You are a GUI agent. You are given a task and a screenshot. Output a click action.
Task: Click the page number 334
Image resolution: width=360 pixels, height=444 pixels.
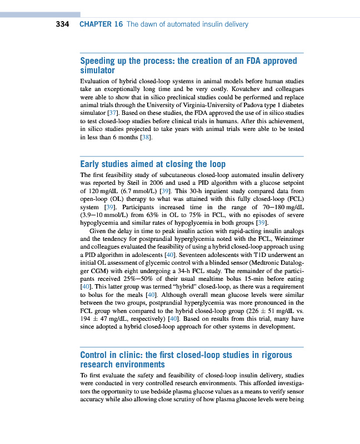tap(62, 24)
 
